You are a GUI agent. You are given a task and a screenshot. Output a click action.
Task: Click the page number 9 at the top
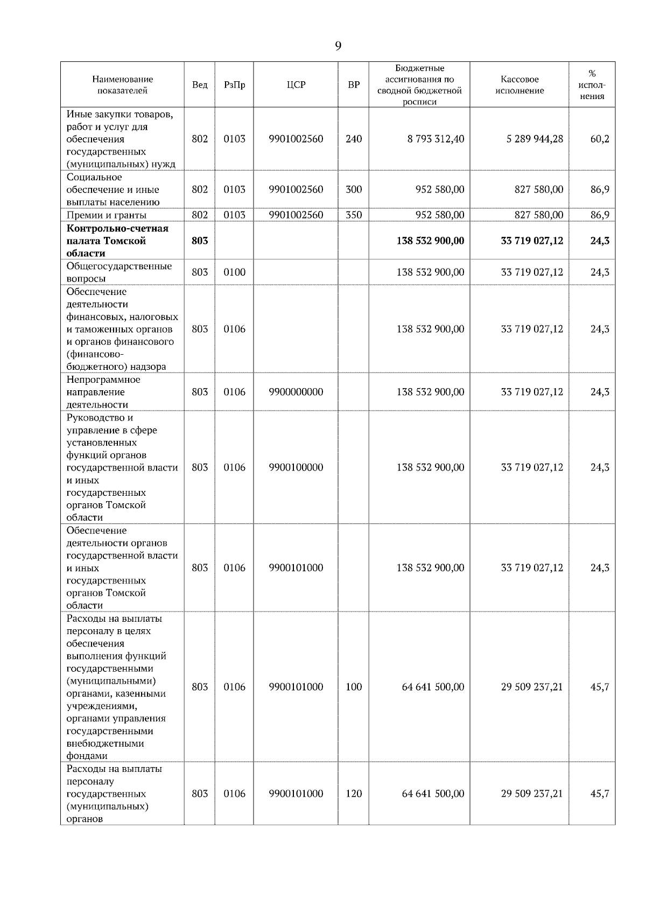(x=338, y=46)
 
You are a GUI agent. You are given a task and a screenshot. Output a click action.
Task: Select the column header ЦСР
(x=296, y=85)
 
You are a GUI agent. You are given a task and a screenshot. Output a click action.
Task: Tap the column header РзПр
(x=234, y=85)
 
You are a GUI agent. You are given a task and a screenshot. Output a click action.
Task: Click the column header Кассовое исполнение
(x=519, y=85)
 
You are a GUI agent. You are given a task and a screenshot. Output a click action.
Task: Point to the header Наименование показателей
(x=122, y=85)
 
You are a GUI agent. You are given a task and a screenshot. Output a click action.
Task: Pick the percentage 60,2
(x=600, y=139)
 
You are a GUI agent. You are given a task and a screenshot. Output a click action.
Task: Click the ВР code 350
(x=354, y=215)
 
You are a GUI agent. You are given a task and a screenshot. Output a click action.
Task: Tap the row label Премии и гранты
(x=107, y=215)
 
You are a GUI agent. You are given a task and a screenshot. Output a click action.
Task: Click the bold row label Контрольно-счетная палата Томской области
(x=117, y=241)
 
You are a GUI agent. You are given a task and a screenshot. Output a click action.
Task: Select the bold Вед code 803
(x=200, y=241)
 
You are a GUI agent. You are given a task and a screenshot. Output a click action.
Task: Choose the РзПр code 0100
(x=234, y=272)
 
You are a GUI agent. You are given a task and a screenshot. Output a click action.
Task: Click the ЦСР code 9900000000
(x=296, y=392)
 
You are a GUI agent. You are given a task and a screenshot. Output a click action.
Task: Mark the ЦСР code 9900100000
(x=296, y=467)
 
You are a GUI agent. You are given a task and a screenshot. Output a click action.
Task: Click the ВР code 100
(x=354, y=687)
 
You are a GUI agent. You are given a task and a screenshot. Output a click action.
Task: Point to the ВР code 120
(x=354, y=793)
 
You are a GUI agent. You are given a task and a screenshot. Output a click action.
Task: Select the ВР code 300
(x=354, y=189)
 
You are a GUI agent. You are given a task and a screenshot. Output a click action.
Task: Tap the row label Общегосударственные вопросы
(x=119, y=272)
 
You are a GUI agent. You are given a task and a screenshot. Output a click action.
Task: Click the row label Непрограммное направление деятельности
(x=103, y=392)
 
